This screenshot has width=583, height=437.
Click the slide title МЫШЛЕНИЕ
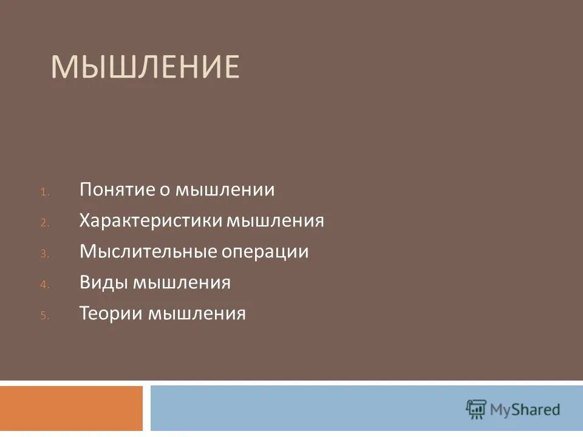coord(145,67)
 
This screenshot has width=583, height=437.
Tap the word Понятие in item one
coord(117,189)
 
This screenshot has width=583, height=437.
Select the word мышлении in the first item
coord(225,189)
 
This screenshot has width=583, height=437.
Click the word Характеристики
coord(151,220)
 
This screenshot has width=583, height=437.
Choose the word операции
coord(265,252)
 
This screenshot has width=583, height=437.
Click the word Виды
coord(104,282)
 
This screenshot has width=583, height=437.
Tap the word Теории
coord(112,313)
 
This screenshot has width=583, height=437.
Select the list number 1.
coord(44,192)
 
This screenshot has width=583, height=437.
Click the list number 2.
coord(44,223)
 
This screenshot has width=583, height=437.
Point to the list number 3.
coord(44,254)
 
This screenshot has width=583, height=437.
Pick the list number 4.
coord(44,285)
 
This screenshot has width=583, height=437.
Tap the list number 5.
coord(44,316)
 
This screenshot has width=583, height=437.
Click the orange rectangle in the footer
coord(71,408)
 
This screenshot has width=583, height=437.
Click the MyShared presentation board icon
coord(476,410)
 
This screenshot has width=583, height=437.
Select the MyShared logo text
coord(525,410)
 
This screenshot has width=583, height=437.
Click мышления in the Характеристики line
coord(276,221)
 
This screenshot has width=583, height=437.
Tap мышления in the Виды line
coord(182,283)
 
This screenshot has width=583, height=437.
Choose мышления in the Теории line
coord(197,314)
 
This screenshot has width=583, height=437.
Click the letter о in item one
coord(165,190)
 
